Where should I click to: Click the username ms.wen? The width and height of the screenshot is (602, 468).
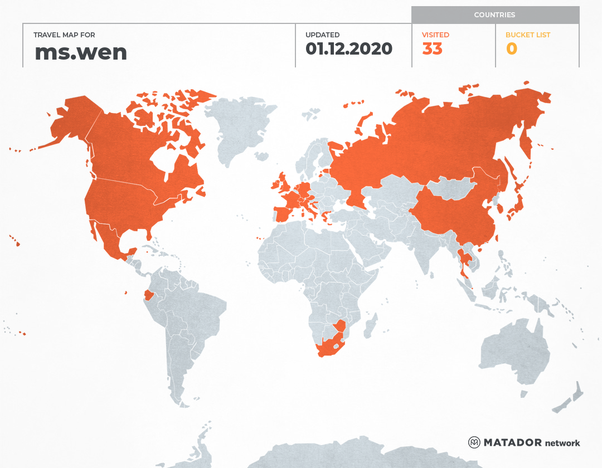point(81,52)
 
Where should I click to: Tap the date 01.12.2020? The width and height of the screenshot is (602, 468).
point(349,48)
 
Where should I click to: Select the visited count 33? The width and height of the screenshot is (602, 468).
point(432,49)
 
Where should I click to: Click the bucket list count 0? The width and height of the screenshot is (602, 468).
point(511,49)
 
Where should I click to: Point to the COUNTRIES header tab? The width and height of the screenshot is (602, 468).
point(494,15)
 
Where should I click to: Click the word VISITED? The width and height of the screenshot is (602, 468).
point(435,35)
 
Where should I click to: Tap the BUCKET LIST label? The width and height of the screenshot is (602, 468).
point(527,35)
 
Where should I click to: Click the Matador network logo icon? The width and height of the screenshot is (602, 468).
point(474,442)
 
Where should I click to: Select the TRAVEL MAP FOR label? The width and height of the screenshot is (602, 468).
point(65,35)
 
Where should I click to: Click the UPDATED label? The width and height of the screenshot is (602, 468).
point(322,35)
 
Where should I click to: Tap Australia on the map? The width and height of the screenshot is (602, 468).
point(513,351)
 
